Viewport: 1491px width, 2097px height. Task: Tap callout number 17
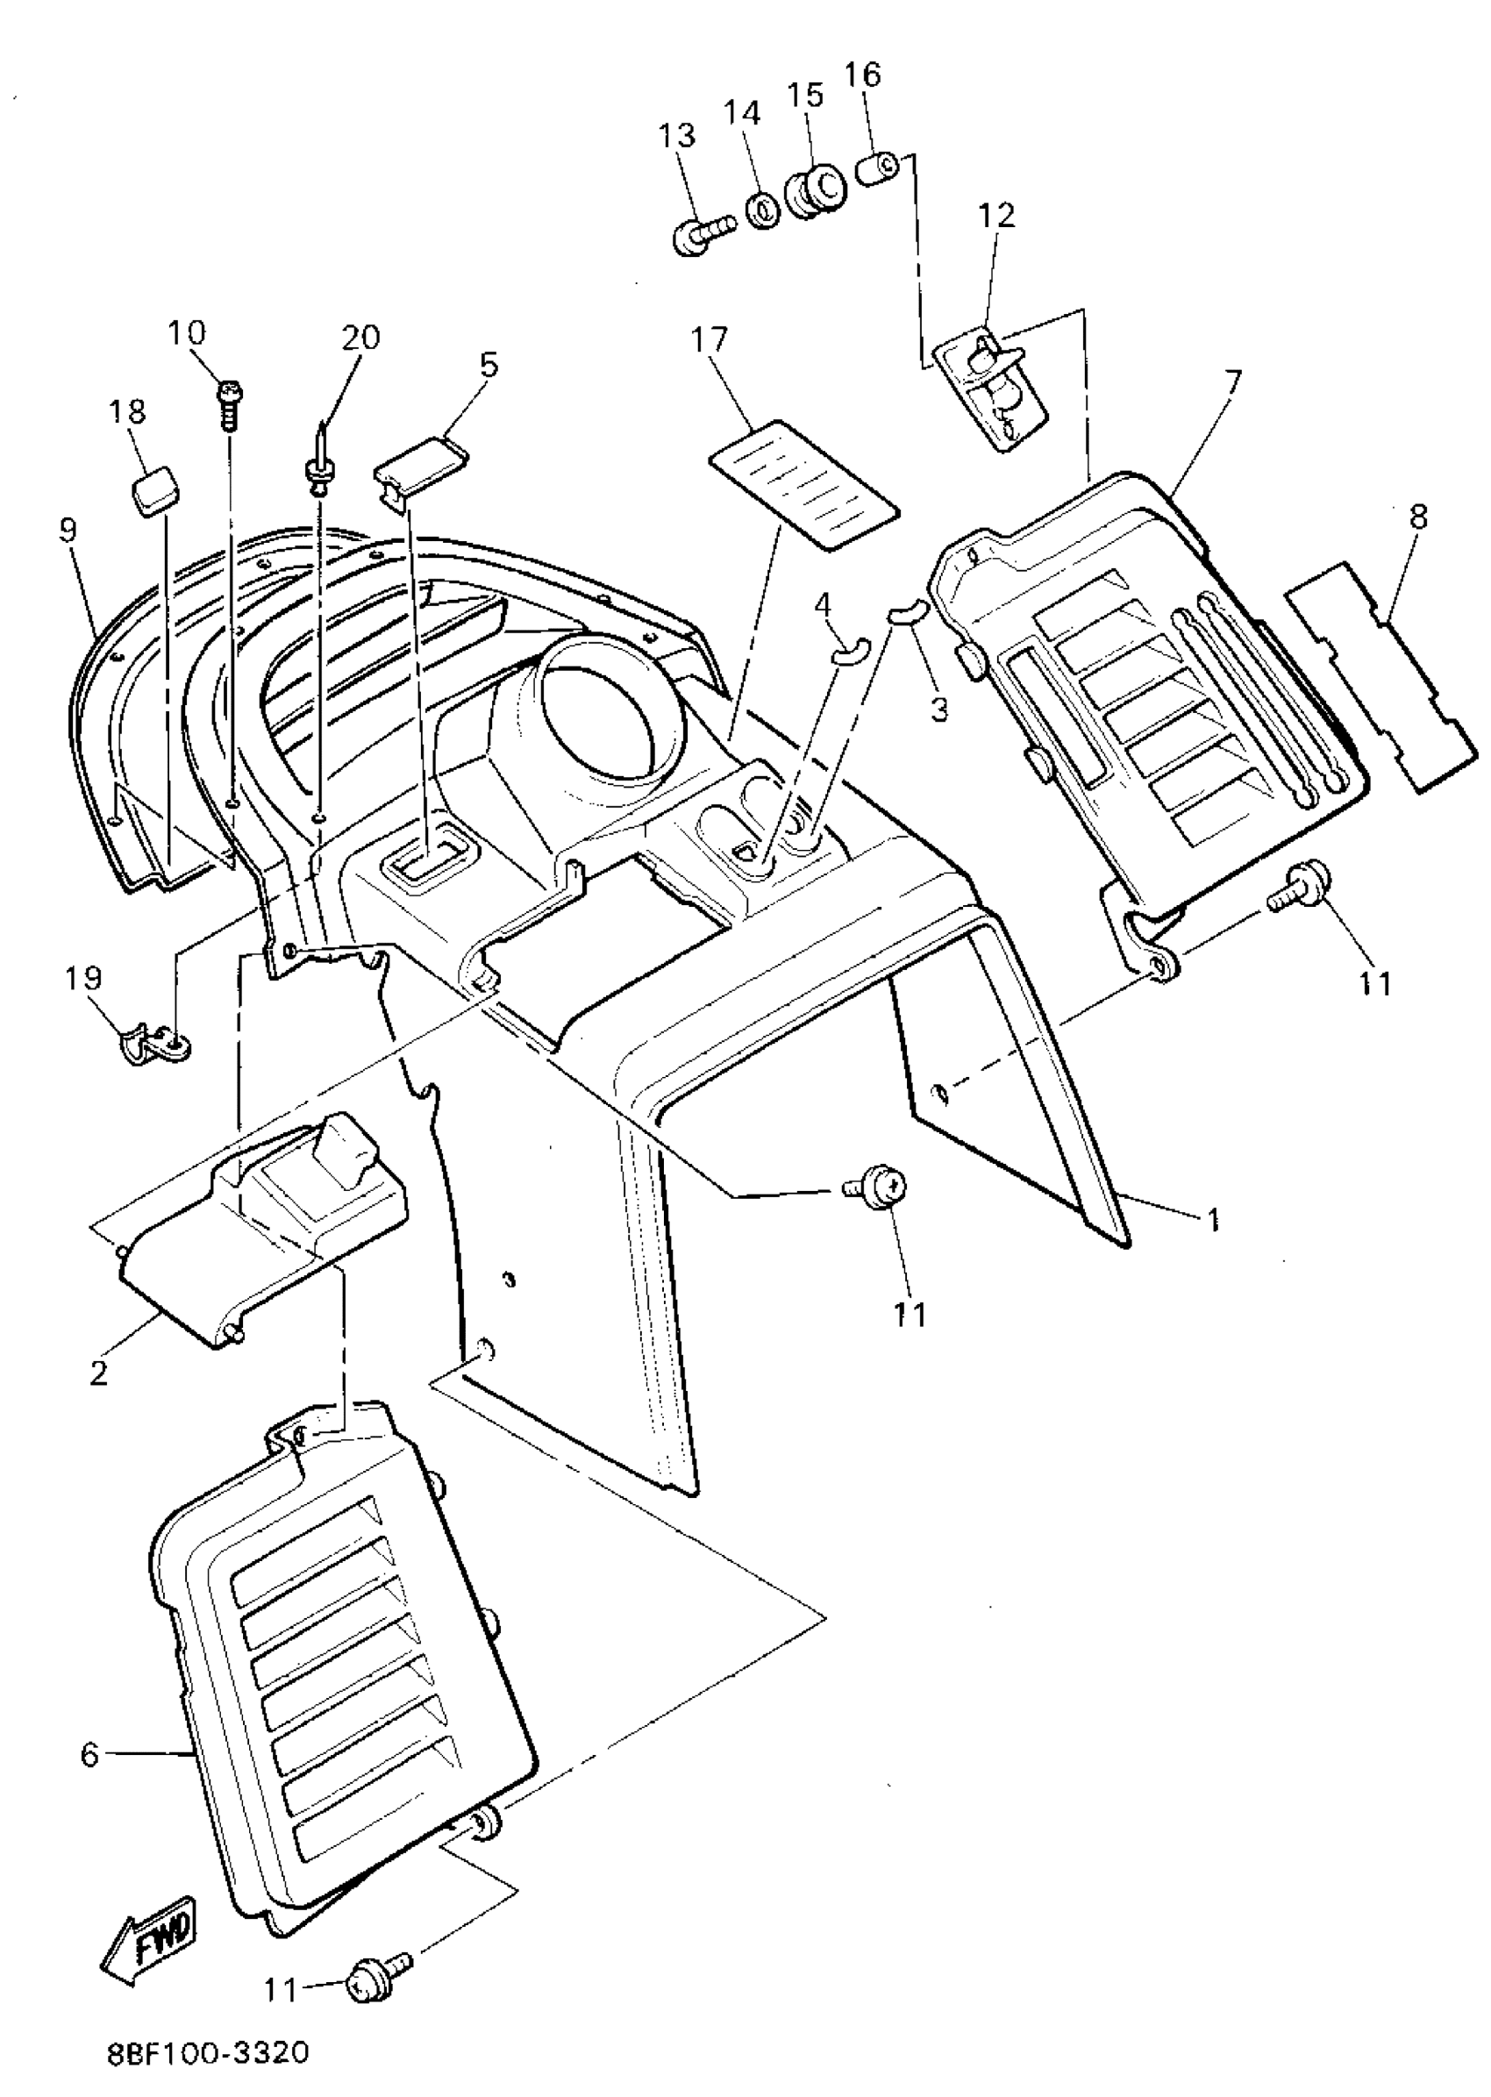[710, 340]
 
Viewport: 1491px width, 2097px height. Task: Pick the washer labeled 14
[762, 210]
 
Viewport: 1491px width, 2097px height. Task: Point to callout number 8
[1417, 517]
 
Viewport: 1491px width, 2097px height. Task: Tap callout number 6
[89, 1755]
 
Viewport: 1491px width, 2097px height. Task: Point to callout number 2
[98, 1373]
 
